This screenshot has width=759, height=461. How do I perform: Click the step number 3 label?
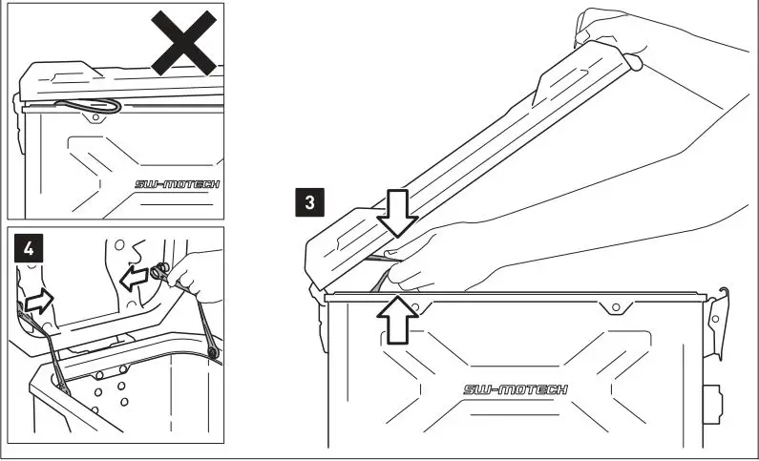[x=307, y=201]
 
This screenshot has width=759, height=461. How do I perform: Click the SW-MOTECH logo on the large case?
[x=515, y=389]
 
